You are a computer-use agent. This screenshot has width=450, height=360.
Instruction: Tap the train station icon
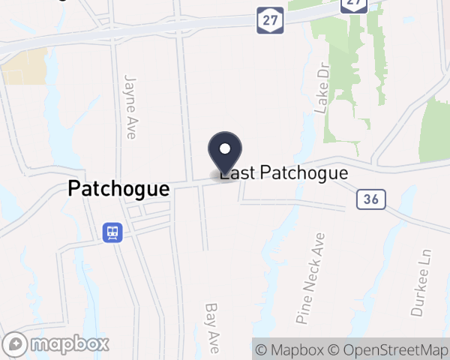pyautogui.click(x=112, y=232)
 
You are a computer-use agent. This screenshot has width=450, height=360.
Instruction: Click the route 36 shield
pyautogui.click(x=370, y=199)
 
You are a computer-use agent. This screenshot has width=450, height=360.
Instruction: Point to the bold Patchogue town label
pyautogui.click(x=118, y=189)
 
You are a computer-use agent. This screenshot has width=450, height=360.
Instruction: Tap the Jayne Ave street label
pyautogui.click(x=130, y=106)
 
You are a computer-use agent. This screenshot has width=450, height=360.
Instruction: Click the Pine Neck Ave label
pyautogui.click(x=311, y=277)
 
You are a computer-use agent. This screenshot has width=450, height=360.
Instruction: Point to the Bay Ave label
pyautogui.click(x=212, y=328)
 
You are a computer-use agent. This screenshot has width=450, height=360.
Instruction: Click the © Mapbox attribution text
pyautogui.click(x=289, y=349)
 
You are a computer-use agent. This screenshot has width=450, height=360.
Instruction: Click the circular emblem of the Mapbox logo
pyautogui.click(x=16, y=344)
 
